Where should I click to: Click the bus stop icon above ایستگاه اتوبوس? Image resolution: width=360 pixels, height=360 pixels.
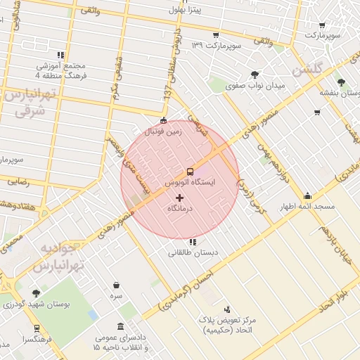point(190,171)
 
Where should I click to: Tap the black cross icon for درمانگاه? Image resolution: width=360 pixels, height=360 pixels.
point(179,198)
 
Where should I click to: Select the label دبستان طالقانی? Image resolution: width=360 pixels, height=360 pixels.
point(193,252)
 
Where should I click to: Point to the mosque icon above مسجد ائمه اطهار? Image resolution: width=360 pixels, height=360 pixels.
point(307,196)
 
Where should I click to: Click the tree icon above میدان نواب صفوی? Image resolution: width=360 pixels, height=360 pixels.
point(254,74)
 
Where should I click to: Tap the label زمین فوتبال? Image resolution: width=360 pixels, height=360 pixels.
point(162,131)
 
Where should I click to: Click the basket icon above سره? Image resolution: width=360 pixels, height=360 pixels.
point(116,285)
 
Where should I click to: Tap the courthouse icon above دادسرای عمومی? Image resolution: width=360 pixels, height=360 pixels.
point(122,326)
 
